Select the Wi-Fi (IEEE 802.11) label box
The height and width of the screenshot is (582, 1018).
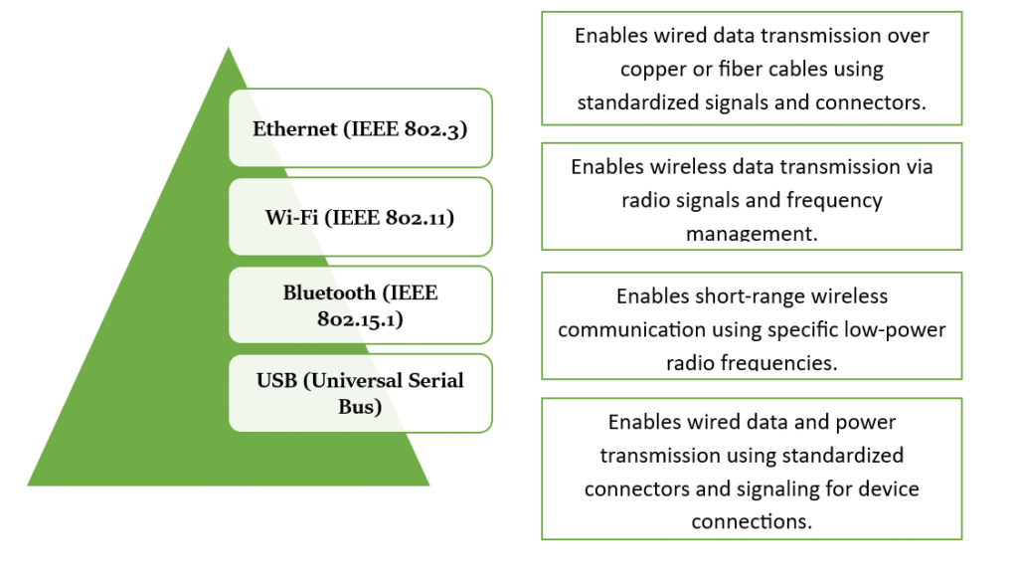(x=360, y=216)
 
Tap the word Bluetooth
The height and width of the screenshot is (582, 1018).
(x=331, y=292)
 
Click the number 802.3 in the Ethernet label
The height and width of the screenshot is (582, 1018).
(x=440, y=128)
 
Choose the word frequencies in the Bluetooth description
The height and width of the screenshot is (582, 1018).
(x=780, y=362)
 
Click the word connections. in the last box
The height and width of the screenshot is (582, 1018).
(x=751, y=521)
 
